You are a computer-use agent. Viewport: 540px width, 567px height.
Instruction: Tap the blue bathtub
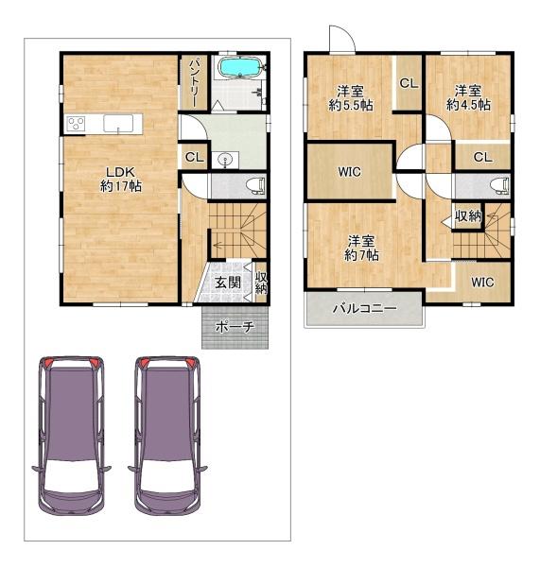pyautogui.click(x=238, y=68)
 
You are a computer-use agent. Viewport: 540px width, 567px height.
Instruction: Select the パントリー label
pyautogui.click(x=192, y=81)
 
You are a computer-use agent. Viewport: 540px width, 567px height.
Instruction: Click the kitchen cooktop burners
pyautogui.click(x=77, y=124)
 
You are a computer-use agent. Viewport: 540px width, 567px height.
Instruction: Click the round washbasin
pyautogui.click(x=224, y=160)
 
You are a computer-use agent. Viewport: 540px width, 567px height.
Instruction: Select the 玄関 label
pyautogui.click(x=227, y=283)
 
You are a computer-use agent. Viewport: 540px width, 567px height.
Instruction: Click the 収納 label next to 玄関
pyautogui.click(x=261, y=282)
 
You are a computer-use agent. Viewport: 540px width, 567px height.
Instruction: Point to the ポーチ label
pyautogui.click(x=234, y=327)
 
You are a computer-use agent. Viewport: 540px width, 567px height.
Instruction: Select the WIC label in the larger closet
pyautogui.click(x=349, y=172)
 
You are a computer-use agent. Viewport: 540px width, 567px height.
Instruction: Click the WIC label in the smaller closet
pyautogui.click(x=482, y=282)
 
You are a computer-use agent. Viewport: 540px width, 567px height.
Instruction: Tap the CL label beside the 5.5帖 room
pyautogui.click(x=409, y=83)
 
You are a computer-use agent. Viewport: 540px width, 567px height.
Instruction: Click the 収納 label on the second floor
pyautogui.click(x=468, y=216)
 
